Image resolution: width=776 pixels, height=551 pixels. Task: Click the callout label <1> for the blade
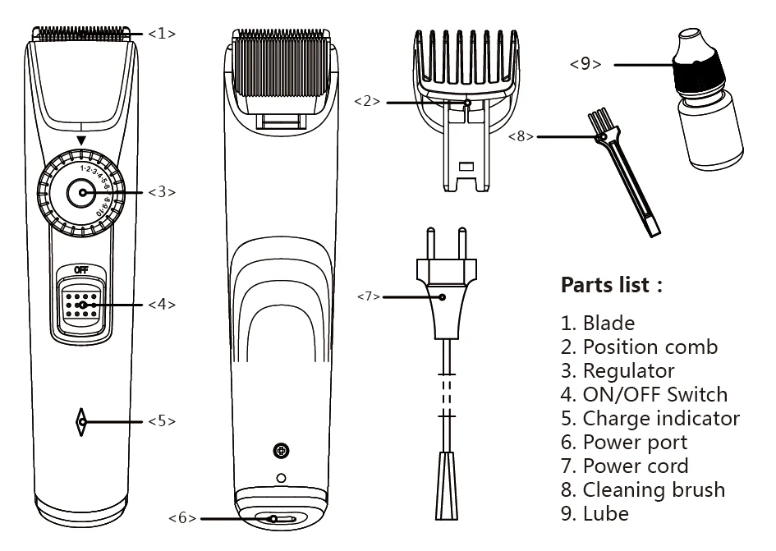162,34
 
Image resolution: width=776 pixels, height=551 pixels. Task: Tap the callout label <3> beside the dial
162,192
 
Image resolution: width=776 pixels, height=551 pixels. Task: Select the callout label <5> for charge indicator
162,421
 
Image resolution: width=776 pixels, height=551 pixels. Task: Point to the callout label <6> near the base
182,518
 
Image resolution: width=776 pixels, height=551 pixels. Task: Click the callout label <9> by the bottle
585,64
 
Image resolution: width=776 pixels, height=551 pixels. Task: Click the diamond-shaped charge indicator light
80,421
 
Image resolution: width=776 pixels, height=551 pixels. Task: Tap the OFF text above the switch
80,269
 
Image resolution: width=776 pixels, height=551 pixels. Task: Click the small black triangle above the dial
80,141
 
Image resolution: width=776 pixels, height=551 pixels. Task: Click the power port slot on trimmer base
282,519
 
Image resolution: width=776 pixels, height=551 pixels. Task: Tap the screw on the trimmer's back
281,450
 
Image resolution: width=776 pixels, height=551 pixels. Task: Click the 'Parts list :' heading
611,286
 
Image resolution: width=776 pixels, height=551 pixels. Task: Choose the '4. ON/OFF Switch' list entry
644,394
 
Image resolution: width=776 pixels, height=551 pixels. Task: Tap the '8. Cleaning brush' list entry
643,490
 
